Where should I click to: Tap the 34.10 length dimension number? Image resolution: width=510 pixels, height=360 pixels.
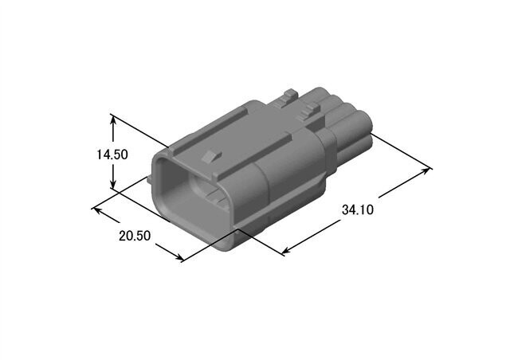[358, 210]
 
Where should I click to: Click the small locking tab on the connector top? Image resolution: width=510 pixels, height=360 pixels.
[210, 156]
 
